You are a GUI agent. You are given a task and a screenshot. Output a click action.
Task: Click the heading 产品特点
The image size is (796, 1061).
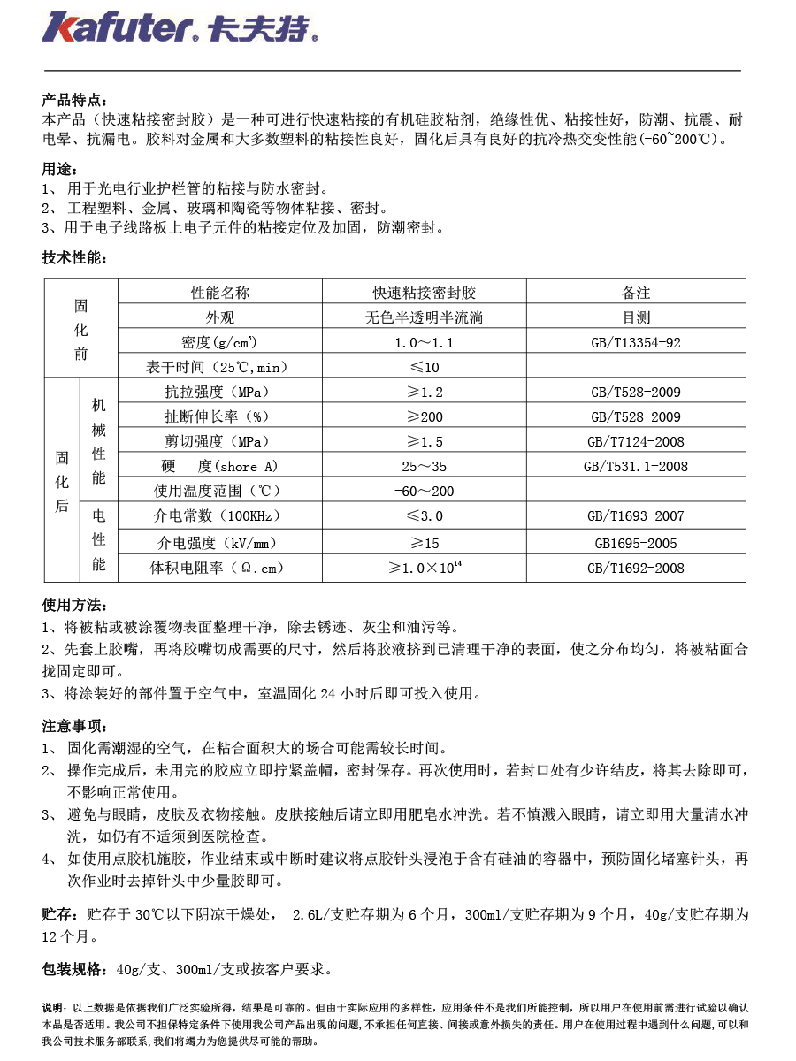point(74,100)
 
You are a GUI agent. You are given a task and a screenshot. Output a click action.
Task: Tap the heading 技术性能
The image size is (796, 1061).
point(74,257)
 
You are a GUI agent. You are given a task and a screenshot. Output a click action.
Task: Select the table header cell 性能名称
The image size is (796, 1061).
point(220,293)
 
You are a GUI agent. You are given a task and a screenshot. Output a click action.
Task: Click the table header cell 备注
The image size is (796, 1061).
point(635,293)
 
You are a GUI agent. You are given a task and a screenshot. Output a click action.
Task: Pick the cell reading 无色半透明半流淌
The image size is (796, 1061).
point(425,317)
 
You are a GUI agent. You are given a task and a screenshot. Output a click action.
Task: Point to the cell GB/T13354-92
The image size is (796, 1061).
point(635,342)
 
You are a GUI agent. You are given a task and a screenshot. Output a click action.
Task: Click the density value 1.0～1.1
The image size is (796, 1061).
point(425,342)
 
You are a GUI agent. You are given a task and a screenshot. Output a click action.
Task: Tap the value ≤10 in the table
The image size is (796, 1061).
point(424,367)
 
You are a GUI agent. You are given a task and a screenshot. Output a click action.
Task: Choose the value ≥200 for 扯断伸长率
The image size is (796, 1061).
point(424,416)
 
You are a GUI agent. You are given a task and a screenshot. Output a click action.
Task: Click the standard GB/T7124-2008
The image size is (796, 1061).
point(635,441)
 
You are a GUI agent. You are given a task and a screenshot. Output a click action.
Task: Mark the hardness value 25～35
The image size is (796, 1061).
point(425,466)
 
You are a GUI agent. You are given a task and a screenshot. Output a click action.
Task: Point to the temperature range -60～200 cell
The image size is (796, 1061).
point(424,491)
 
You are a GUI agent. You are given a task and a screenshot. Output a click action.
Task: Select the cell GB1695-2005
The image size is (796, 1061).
point(635,543)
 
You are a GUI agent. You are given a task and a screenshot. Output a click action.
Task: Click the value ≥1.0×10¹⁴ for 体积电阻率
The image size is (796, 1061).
point(425,568)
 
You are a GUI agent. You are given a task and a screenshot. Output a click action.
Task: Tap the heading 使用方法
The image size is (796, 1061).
point(74,605)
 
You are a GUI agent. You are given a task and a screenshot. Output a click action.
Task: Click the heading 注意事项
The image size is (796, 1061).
point(74,726)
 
